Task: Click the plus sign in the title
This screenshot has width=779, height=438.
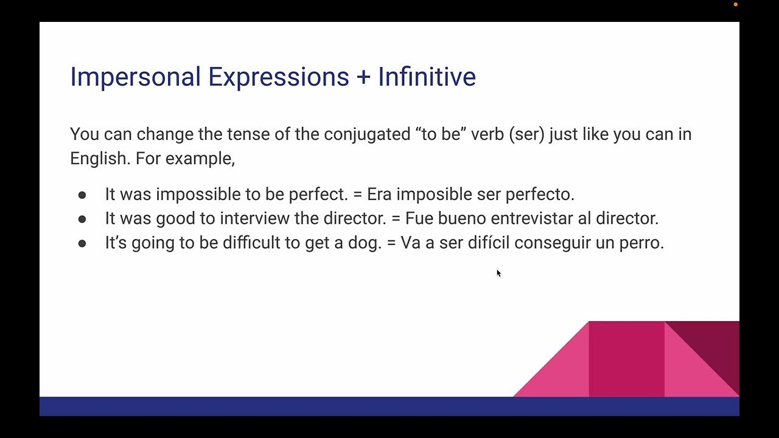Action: tap(363, 77)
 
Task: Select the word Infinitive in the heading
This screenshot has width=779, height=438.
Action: tap(427, 77)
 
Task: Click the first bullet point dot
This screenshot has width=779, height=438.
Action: tap(82, 195)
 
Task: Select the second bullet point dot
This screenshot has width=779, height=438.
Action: tap(82, 218)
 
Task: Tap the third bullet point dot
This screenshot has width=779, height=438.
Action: tap(82, 243)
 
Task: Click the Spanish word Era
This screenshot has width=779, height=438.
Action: tap(379, 194)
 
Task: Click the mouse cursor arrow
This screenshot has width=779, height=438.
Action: tap(498, 273)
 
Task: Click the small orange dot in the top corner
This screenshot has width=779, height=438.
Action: tap(735, 4)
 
